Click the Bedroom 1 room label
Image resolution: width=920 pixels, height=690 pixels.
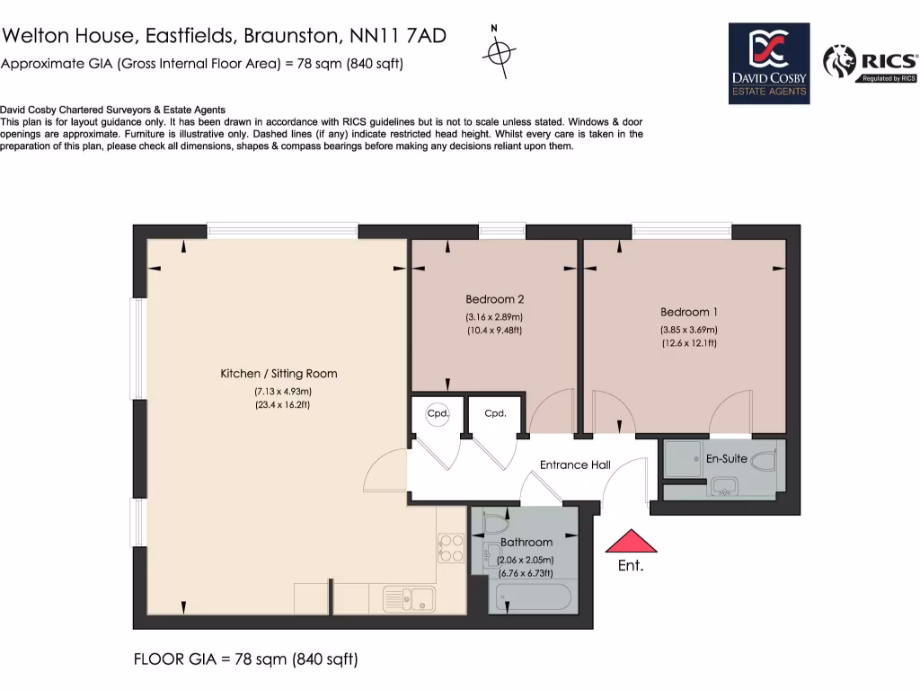point(689,312)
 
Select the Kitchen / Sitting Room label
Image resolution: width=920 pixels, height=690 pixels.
point(279,373)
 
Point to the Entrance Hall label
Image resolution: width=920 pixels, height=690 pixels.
point(575,464)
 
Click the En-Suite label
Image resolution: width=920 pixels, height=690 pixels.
point(726,458)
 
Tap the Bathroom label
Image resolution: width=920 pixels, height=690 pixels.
point(526,542)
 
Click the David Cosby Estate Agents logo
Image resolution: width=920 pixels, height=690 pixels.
point(768,63)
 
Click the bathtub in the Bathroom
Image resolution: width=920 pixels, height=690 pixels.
point(534,597)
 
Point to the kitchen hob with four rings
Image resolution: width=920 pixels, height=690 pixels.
point(450,548)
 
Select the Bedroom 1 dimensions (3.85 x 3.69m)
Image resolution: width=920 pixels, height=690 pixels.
point(689,329)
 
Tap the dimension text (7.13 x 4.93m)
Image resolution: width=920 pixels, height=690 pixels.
point(282,391)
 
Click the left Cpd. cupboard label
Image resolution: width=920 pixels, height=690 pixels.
point(438,414)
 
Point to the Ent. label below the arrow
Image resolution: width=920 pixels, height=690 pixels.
point(631,566)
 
